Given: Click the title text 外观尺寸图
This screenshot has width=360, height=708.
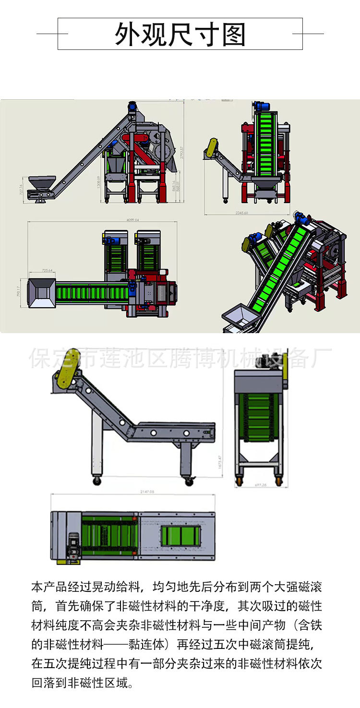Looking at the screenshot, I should [x=180, y=34].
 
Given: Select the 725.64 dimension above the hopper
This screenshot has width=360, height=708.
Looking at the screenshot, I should [x=47, y=271].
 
